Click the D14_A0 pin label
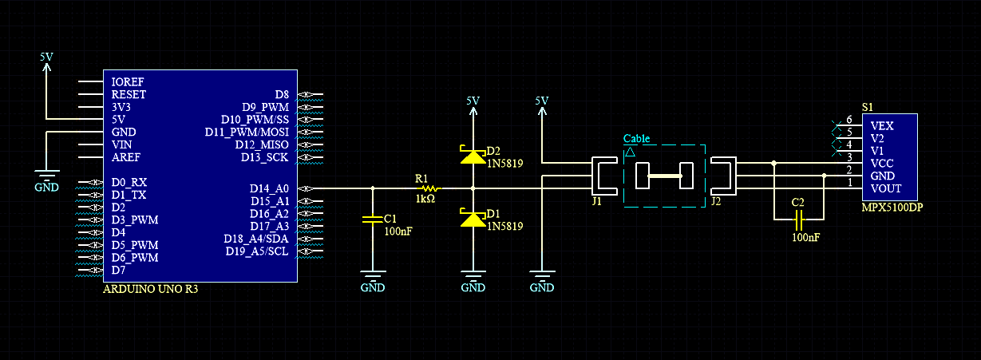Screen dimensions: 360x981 click(x=269, y=188)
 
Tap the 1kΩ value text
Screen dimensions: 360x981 click(x=425, y=198)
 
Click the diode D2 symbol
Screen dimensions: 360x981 click(x=473, y=156)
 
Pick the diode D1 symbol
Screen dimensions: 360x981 click(x=473, y=218)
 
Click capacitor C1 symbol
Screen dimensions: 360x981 click(x=372, y=218)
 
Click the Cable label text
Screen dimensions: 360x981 click(x=636, y=138)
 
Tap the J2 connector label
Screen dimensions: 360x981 click(x=715, y=202)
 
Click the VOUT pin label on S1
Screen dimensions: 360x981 click(x=886, y=188)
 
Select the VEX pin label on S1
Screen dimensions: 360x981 click(x=882, y=125)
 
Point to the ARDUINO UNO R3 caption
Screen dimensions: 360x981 click(x=150, y=289)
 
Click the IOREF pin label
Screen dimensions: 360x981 click(x=128, y=81)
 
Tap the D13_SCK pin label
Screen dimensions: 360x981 click(x=265, y=157)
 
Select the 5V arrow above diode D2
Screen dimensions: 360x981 click(x=473, y=105)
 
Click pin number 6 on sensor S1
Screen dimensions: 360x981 click(x=849, y=120)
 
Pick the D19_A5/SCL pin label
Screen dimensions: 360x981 click(x=257, y=251)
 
